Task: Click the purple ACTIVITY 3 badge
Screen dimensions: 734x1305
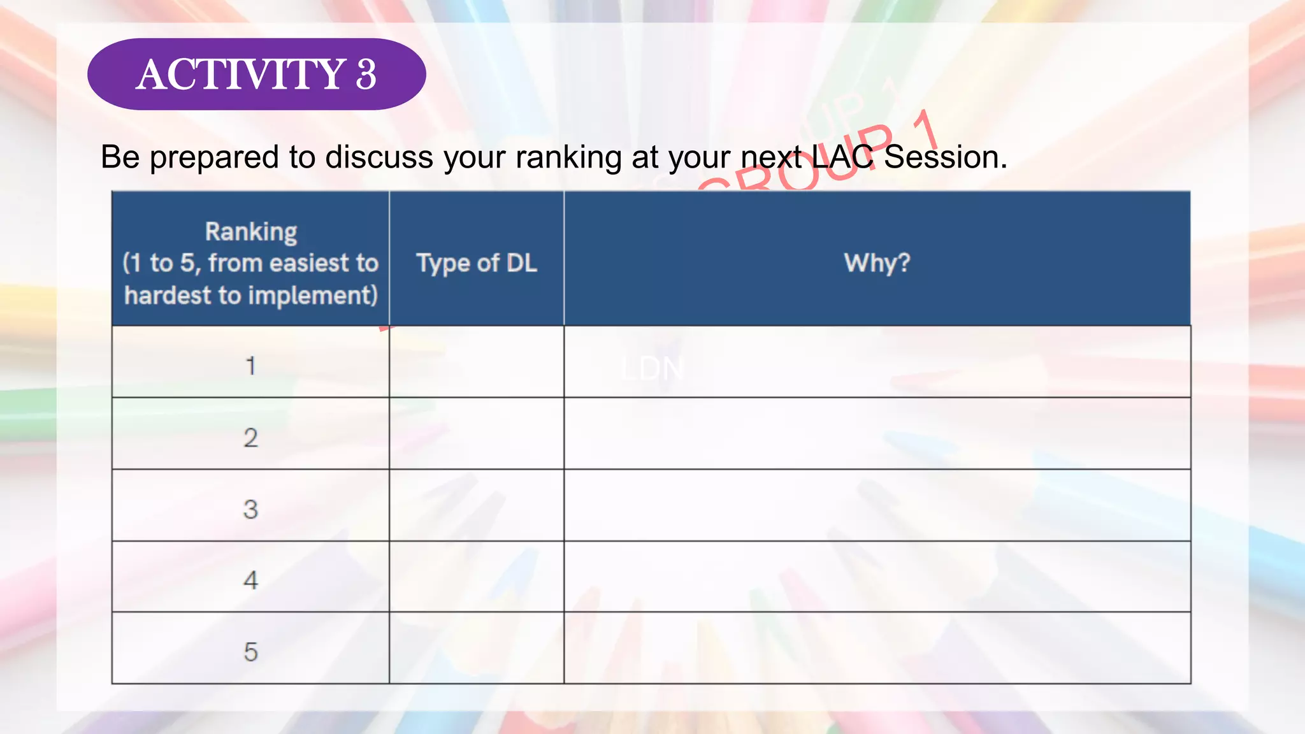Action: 256,74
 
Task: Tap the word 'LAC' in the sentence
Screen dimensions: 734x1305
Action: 842,157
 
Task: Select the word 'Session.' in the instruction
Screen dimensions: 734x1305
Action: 946,157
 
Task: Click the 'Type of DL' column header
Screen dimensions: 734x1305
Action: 477,263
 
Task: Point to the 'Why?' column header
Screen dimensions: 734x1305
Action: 877,263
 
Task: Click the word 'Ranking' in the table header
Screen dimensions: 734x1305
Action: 251,231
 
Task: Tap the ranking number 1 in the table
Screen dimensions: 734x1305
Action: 250,366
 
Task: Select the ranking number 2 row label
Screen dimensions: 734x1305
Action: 250,438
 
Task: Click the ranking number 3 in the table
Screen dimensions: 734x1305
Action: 250,509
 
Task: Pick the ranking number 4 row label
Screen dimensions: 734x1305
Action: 250,580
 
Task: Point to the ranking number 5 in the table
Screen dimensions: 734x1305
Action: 250,651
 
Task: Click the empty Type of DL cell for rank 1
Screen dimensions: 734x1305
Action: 477,362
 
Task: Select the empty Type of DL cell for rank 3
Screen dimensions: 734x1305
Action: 477,505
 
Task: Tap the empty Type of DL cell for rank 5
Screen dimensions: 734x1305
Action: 477,648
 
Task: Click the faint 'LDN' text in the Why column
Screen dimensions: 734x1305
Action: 652,369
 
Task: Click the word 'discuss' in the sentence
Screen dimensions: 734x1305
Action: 379,157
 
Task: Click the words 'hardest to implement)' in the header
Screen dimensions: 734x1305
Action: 251,295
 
